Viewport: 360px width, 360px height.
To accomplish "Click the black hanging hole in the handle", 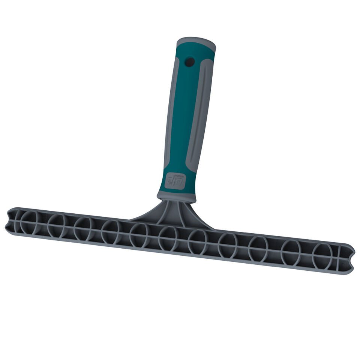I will point(190,61).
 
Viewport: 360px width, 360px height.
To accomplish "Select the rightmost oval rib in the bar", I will point(322,255).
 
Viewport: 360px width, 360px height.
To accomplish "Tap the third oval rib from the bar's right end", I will point(258,248).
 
